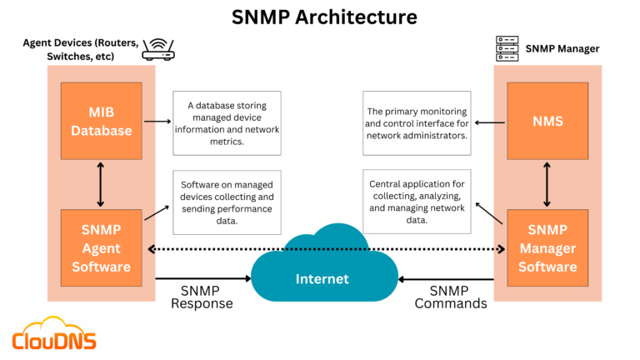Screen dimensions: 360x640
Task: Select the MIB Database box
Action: (x=101, y=121)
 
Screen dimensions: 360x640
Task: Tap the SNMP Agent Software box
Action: (x=101, y=247)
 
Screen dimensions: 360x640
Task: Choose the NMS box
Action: (x=547, y=121)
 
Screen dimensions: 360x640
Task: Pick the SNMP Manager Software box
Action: (x=547, y=247)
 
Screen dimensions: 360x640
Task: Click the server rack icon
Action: (x=507, y=47)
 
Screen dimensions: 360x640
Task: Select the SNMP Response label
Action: (x=202, y=297)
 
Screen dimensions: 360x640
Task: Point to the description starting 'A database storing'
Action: (x=227, y=122)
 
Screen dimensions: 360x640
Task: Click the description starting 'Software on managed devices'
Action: (x=227, y=202)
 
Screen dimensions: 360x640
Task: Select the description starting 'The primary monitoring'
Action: (x=417, y=123)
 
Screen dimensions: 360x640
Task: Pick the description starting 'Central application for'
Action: (x=417, y=202)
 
